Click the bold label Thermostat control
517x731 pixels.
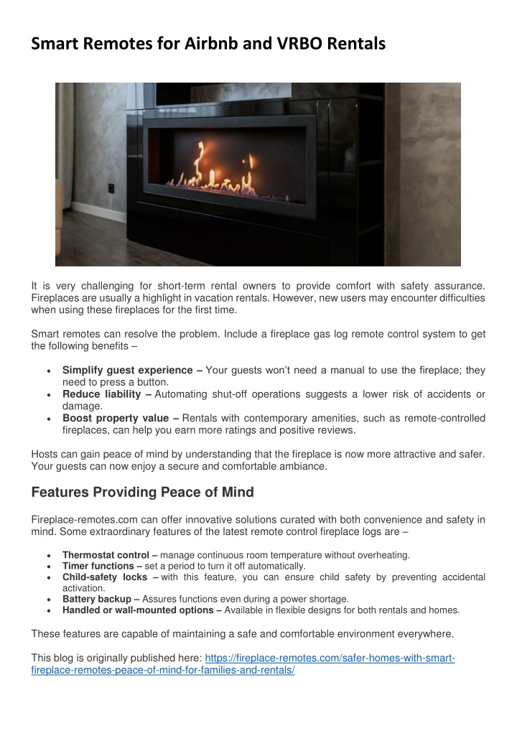(x=110, y=554)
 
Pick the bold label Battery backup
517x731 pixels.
(x=101, y=598)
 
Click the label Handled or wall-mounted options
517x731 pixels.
(x=141, y=610)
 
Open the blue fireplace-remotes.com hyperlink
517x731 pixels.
(x=330, y=658)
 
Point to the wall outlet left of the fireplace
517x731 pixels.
(x=111, y=188)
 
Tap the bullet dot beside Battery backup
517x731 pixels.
(x=47, y=599)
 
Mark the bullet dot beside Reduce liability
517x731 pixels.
(x=47, y=394)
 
